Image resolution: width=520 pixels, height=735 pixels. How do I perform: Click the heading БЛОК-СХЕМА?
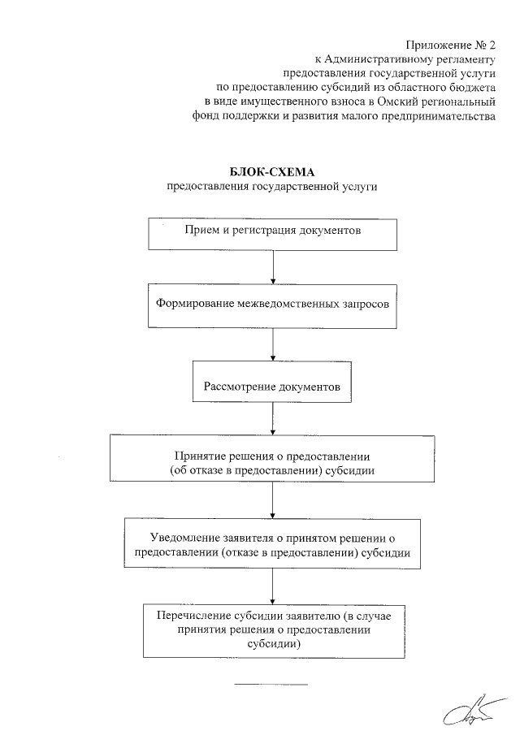click(273, 172)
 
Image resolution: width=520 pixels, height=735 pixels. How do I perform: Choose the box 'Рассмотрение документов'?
click(273, 381)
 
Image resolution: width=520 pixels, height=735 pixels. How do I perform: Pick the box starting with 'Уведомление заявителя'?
click(273, 544)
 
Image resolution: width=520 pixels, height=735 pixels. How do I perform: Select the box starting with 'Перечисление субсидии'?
click(273, 629)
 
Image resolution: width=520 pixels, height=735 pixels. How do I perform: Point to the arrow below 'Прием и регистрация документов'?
click(273, 266)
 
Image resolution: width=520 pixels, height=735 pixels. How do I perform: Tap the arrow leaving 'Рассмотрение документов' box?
click(273, 418)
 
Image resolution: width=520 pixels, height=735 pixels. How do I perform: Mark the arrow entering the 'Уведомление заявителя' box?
click(273, 503)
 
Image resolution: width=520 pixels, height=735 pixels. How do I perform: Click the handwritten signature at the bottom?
click(470, 714)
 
